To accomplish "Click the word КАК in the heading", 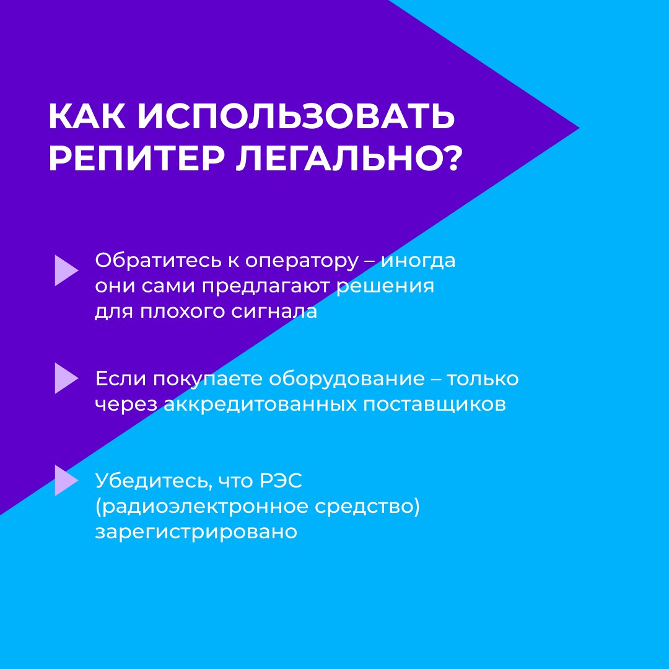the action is [87, 116].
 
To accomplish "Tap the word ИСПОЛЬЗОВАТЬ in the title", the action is [295, 116].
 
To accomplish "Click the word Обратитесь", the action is [159, 261].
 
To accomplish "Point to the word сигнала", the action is [274, 312].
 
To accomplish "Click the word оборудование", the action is [347, 379].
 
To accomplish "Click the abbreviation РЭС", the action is [281, 481].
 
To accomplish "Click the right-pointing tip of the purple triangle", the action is [579, 128].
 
